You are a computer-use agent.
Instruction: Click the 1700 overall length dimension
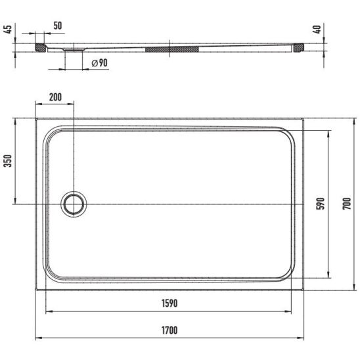169,330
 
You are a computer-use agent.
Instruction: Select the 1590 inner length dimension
169,304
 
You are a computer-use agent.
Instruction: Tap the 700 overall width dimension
347,204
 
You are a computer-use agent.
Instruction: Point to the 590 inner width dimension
321,204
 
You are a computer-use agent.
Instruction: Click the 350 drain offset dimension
8,161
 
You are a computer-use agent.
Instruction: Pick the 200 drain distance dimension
55,97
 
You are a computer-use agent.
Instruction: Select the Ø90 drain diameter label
100,63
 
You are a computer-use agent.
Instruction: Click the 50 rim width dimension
58,26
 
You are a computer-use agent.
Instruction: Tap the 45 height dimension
8,29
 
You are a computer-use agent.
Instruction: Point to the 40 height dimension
317,29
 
